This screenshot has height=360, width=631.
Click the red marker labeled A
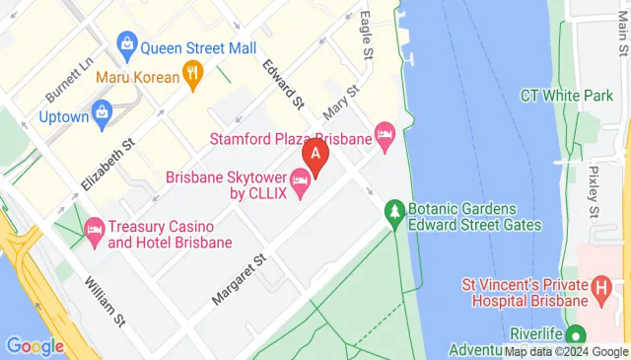coord(315,155)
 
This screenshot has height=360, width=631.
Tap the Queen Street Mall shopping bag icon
coord(127,44)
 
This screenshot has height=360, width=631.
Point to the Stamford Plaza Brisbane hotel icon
coord(386,133)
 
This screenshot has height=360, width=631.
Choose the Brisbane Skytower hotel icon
coord(301,177)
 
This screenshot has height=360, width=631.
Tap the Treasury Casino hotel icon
coord(95,227)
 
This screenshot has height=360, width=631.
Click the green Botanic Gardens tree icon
coord(394,210)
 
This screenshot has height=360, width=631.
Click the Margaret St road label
coord(239,277)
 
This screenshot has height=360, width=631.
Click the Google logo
coord(35,346)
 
